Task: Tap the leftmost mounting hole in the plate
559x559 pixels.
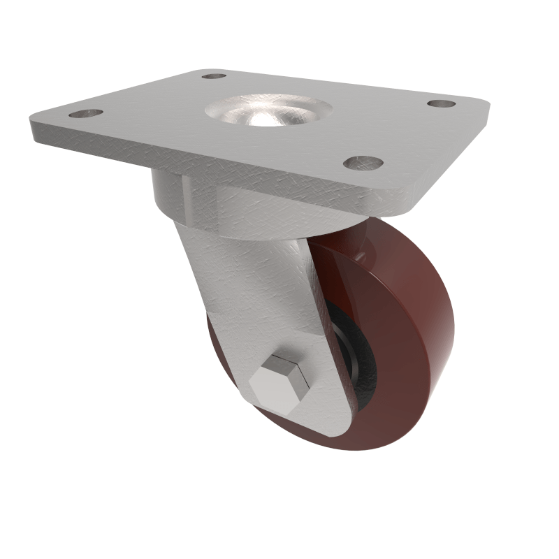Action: point(86,112)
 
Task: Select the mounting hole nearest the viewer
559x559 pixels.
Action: point(363,163)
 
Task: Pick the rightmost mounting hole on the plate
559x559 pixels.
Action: point(441,103)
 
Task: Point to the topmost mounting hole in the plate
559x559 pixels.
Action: point(214,75)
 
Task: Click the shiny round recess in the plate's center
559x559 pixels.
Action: point(268,112)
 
